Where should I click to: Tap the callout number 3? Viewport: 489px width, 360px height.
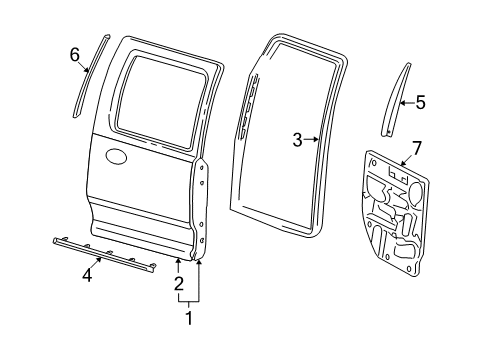(x=298, y=140)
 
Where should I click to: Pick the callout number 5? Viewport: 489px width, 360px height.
(x=421, y=101)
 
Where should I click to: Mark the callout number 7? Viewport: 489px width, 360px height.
(x=416, y=148)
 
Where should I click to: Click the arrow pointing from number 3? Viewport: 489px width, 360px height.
(x=313, y=140)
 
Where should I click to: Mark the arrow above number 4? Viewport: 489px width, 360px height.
(x=97, y=262)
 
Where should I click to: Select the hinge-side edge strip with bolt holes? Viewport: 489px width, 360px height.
(x=203, y=215)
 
